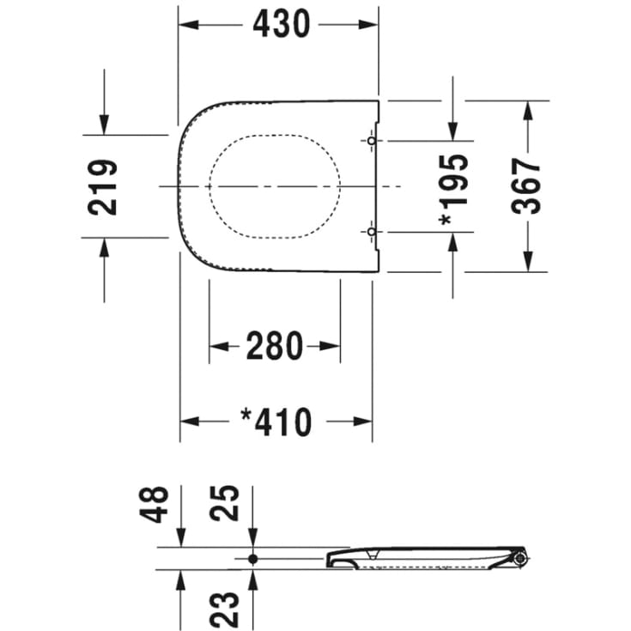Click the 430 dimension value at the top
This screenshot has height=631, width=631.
[281, 25]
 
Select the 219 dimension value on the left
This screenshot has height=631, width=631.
[104, 186]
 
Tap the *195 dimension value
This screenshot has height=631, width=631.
[454, 190]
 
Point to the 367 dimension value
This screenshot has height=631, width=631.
[526, 185]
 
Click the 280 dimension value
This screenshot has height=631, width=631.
[275, 346]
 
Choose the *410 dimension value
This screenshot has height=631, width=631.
[276, 422]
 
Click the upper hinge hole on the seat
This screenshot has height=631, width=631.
[371, 140]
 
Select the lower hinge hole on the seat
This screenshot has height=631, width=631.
[371, 232]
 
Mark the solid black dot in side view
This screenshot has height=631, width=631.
[252, 558]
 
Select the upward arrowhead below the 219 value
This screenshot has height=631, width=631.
[104, 247]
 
